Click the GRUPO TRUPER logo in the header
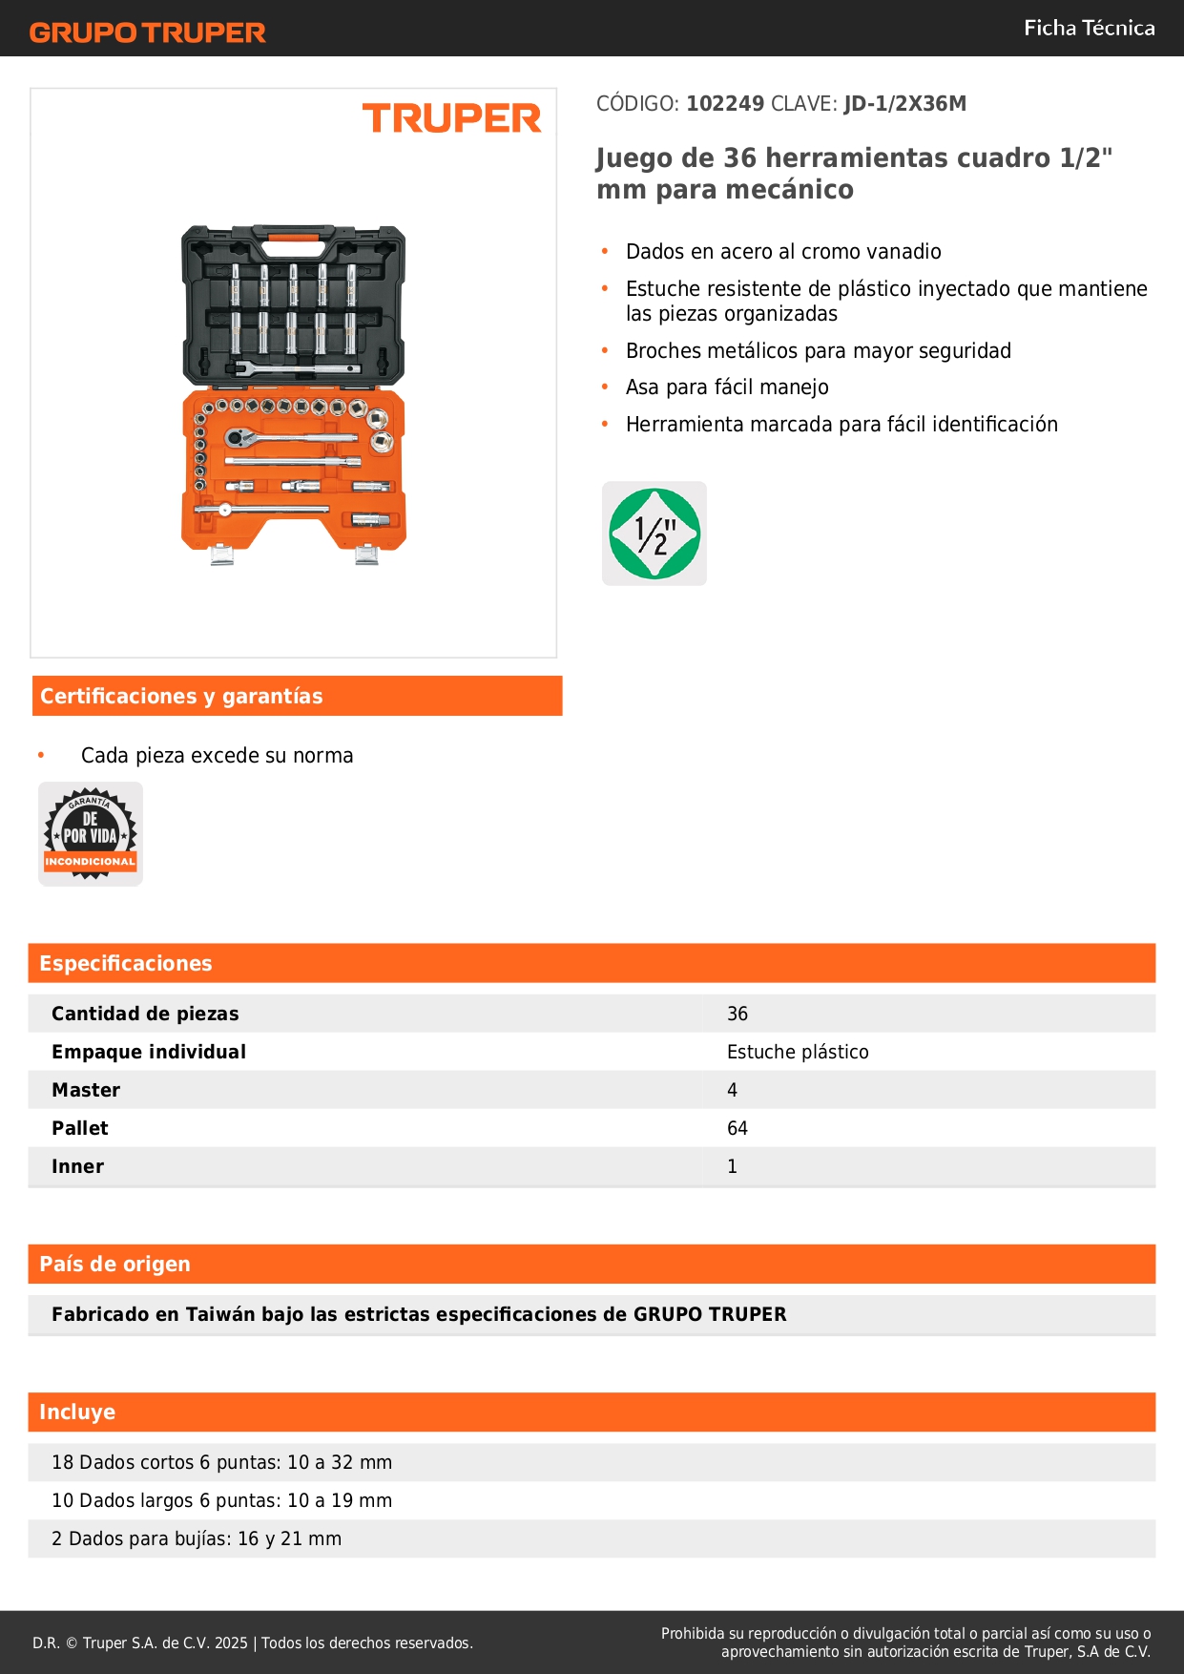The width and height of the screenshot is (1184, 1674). tap(147, 32)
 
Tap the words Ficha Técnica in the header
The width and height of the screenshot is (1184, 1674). tap(1089, 28)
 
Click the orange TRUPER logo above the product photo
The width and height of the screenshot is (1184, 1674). tap(451, 118)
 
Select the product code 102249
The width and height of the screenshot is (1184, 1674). tap(725, 104)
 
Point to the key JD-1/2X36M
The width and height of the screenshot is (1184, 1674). tap(904, 104)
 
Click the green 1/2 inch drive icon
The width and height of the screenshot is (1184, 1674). tap(654, 534)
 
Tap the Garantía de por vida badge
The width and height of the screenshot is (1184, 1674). tap(91, 834)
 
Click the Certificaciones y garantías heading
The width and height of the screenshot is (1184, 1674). tap(181, 697)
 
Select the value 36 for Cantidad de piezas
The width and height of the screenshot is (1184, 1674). tap(737, 1014)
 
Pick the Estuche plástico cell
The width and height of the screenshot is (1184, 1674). tap(798, 1052)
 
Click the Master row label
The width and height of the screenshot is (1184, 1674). tap(86, 1090)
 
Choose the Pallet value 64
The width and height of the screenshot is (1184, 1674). tap(737, 1128)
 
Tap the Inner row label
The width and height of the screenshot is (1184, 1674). tap(77, 1166)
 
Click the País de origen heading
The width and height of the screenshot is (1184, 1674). tap(114, 1265)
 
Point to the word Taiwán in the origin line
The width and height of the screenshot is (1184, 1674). tap(220, 1314)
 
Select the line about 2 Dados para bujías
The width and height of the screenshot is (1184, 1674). tap(197, 1538)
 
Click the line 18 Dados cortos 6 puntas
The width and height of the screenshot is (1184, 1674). tap(221, 1462)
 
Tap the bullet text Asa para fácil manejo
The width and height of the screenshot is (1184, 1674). tap(727, 387)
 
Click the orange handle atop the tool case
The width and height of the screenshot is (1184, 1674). tap(293, 236)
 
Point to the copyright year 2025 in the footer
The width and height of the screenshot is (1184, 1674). tap(231, 1643)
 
